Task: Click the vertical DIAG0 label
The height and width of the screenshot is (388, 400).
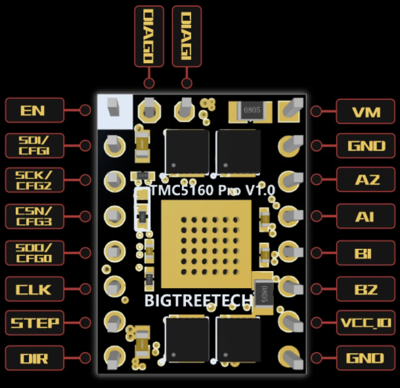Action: click(148, 36)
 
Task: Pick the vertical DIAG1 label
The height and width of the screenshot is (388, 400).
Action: click(187, 36)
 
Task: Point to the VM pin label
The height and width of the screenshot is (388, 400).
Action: click(366, 111)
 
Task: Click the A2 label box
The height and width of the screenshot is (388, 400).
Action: click(366, 180)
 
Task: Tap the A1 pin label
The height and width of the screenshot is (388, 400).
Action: click(366, 215)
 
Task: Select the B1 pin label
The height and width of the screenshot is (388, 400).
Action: click(366, 251)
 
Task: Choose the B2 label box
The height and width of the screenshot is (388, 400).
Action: click(366, 288)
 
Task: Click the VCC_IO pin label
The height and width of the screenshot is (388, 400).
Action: click(366, 323)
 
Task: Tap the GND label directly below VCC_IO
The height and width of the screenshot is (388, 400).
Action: click(366, 358)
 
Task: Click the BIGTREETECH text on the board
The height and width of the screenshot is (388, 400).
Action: click(198, 301)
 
